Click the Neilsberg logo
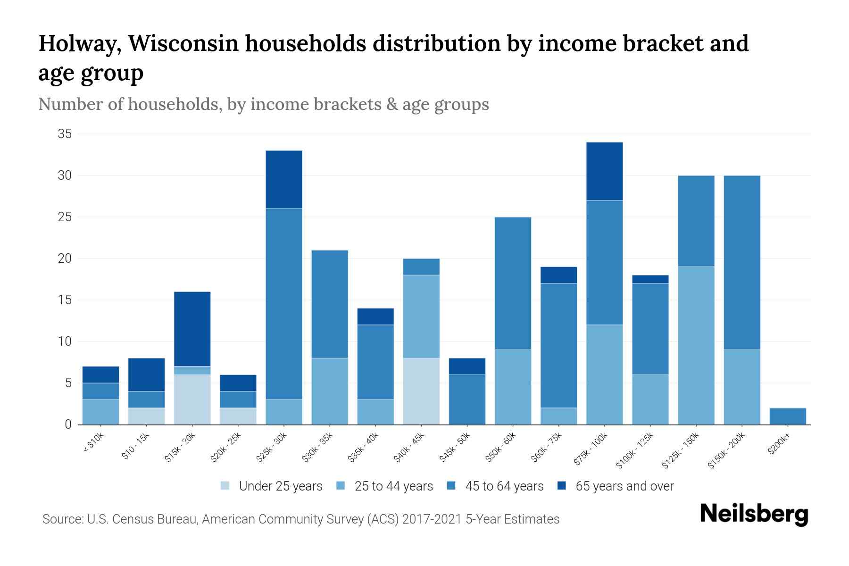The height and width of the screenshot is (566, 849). (x=754, y=514)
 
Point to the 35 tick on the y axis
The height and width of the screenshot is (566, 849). (x=65, y=134)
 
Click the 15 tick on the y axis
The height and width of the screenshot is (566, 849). (x=65, y=300)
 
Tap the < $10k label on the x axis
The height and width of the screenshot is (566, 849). (x=93, y=443)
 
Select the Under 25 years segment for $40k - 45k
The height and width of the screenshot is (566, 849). (x=421, y=391)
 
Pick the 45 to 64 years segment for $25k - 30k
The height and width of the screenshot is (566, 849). (x=284, y=304)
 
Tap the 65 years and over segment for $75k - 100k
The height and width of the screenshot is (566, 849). (x=604, y=171)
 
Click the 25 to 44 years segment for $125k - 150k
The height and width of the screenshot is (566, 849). (x=696, y=345)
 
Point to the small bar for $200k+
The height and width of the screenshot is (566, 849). (x=787, y=416)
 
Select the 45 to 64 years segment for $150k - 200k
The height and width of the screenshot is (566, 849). (x=741, y=262)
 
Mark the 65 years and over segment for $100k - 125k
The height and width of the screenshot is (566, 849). (x=650, y=279)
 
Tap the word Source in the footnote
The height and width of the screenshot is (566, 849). (x=61, y=519)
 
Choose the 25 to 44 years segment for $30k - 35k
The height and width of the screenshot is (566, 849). (x=330, y=391)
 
